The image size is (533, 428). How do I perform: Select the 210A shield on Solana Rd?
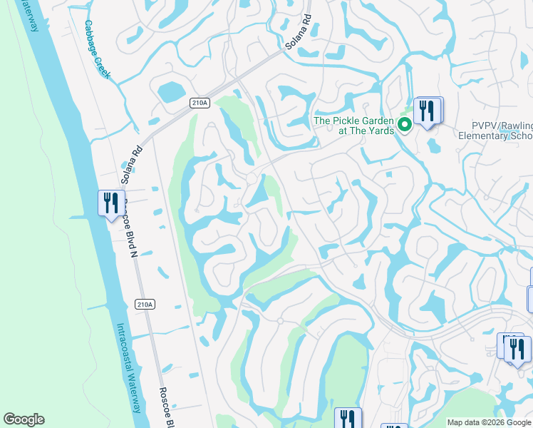[x=200, y=103]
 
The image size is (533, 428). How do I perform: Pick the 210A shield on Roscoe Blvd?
[x=144, y=305]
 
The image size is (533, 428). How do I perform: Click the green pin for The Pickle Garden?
[x=405, y=126]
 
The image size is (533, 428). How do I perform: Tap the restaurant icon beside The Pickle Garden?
[x=428, y=111]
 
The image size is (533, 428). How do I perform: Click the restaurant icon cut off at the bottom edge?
[x=348, y=419]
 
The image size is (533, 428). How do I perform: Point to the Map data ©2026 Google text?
[x=489, y=422]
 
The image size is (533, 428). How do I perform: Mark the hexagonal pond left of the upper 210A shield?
[x=171, y=91]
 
